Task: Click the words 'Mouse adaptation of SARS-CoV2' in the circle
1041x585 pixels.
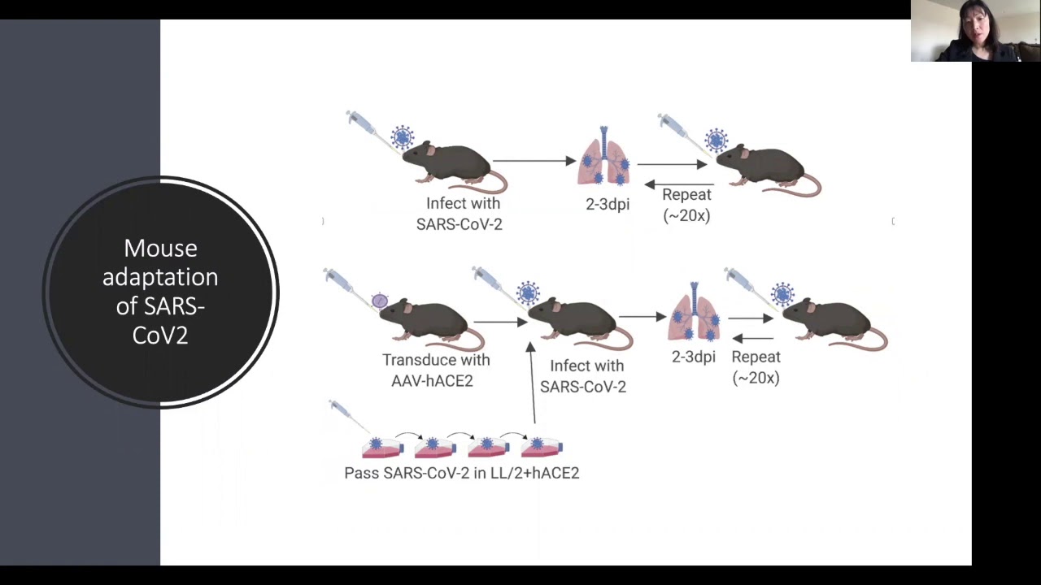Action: click(x=160, y=291)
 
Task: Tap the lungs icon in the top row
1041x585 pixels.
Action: click(x=603, y=158)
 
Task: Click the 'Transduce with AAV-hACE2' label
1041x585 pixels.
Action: click(x=436, y=370)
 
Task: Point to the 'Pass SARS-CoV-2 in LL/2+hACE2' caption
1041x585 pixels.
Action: click(x=461, y=473)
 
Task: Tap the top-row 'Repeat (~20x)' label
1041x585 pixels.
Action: click(x=686, y=205)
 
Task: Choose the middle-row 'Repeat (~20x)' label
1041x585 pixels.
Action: click(x=756, y=367)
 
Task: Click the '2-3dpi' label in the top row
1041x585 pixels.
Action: click(x=608, y=205)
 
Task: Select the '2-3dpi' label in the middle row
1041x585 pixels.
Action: click(x=694, y=357)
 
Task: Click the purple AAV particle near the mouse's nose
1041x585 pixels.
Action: click(x=380, y=301)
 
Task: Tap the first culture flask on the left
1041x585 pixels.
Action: click(x=381, y=446)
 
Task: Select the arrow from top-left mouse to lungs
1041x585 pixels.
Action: click(x=534, y=161)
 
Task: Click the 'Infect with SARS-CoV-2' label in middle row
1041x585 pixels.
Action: click(x=583, y=376)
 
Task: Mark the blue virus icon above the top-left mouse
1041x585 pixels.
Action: click(x=402, y=136)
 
